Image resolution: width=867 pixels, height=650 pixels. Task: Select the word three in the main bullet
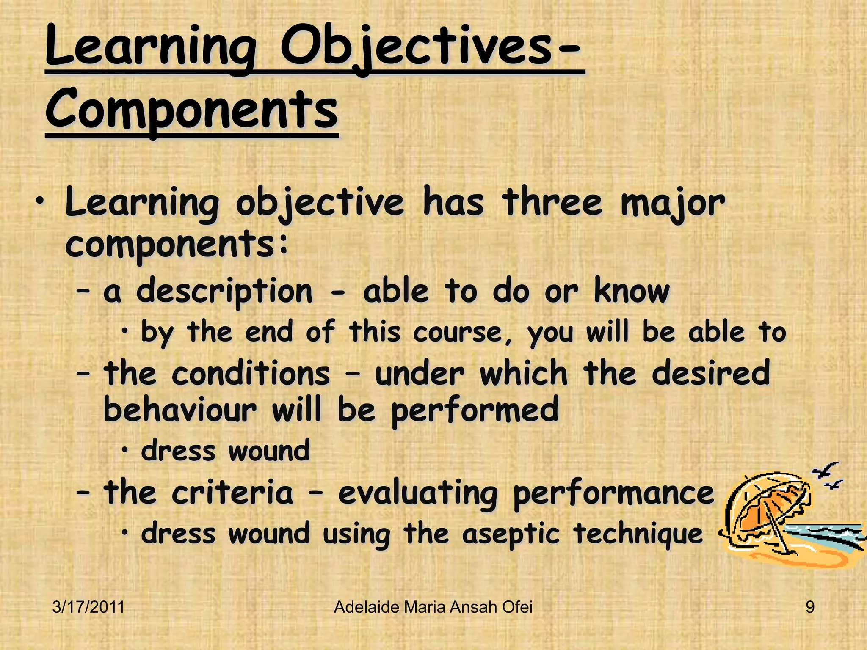552,203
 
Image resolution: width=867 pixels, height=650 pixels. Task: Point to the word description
224,292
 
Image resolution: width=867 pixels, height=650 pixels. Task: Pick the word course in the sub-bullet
463,333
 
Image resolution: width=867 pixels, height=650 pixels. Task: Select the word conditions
251,374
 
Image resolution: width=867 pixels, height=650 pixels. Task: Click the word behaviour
180,410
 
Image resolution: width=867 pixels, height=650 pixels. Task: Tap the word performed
475,411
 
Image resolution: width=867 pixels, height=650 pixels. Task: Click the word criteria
232,493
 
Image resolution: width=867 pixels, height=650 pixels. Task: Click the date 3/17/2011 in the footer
88,608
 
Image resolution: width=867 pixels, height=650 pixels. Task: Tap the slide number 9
809,608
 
